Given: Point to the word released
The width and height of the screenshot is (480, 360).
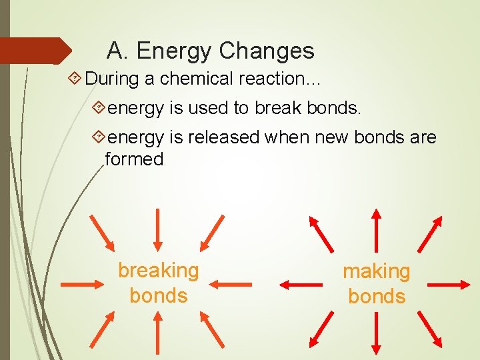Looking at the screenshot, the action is coord(223,137).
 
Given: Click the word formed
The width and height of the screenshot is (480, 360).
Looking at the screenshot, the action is coord(134,159).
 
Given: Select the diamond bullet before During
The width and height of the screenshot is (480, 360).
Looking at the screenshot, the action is coord(75,79).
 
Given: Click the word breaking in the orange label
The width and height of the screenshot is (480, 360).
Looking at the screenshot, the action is coord(158,271).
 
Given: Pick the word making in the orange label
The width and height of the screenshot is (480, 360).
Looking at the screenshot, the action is coord(376,271).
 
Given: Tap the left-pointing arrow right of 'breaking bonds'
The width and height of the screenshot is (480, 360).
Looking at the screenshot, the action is coord(234,284).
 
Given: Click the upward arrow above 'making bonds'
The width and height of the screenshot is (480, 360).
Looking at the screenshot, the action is coord(376,229).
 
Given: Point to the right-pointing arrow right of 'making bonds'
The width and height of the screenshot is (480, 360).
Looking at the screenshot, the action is coord(448,285).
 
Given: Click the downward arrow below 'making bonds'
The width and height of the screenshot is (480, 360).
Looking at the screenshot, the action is coord(376,333).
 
